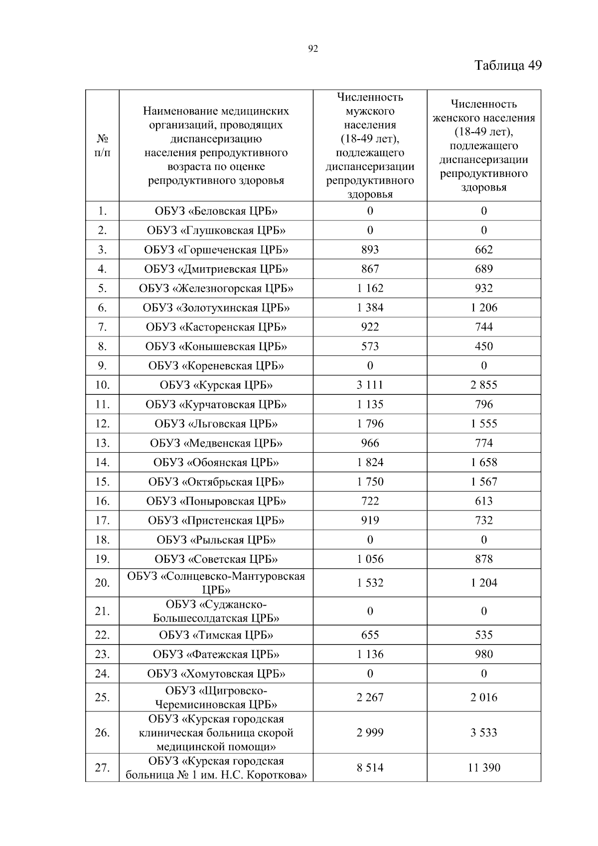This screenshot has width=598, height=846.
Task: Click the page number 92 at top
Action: click(x=313, y=48)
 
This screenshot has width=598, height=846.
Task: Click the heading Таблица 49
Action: click(x=507, y=66)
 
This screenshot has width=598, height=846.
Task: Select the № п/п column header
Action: click(x=102, y=146)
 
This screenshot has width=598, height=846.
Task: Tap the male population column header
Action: click(x=370, y=146)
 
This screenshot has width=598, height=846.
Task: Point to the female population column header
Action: click(x=483, y=146)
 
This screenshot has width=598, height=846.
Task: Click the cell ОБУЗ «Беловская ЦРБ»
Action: click(x=216, y=211)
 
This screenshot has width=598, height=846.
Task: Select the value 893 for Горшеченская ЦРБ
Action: click(x=370, y=250)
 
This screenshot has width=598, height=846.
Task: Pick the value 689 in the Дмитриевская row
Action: click(x=483, y=269)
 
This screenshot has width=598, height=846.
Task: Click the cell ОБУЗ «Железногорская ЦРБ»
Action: click(x=216, y=289)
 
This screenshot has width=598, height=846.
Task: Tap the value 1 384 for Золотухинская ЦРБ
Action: click(x=370, y=308)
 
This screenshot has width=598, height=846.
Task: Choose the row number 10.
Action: click(x=102, y=385)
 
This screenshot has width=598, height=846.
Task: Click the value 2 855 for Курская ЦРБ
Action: click(x=483, y=385)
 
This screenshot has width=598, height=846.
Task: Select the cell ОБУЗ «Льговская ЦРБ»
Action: click(x=216, y=424)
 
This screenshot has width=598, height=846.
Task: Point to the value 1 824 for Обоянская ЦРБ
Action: click(x=370, y=463)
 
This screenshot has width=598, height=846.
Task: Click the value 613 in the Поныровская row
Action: click(x=483, y=502)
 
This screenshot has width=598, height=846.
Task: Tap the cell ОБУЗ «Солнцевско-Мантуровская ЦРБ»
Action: click(x=216, y=583)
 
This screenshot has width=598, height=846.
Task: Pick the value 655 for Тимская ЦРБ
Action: click(x=370, y=635)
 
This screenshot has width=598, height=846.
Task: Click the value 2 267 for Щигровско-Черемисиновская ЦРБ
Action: click(x=370, y=697)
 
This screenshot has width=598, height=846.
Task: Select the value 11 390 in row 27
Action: click(x=483, y=768)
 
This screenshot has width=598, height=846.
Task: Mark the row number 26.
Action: click(x=102, y=733)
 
